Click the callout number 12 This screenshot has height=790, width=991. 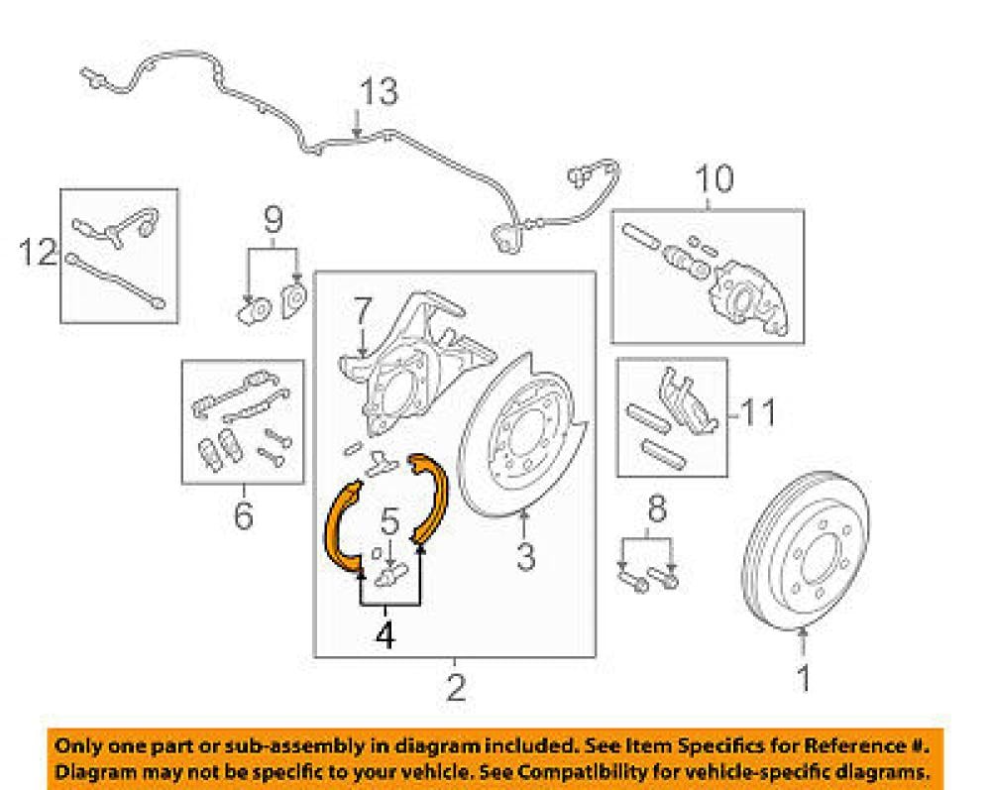pos(39,253)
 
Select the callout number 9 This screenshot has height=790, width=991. pos(273,218)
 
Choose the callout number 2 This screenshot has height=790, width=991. pos(455,685)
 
